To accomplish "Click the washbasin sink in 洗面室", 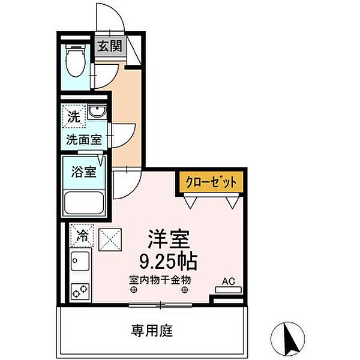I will (96, 112).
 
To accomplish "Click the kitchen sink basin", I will (80, 262).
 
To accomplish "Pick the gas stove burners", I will (80, 291).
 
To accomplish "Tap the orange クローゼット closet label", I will (211, 182).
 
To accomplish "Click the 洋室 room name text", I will (169, 239).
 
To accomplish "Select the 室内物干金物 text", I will (160, 279).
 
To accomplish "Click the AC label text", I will (228, 280).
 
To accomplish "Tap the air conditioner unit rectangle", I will (227, 290).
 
